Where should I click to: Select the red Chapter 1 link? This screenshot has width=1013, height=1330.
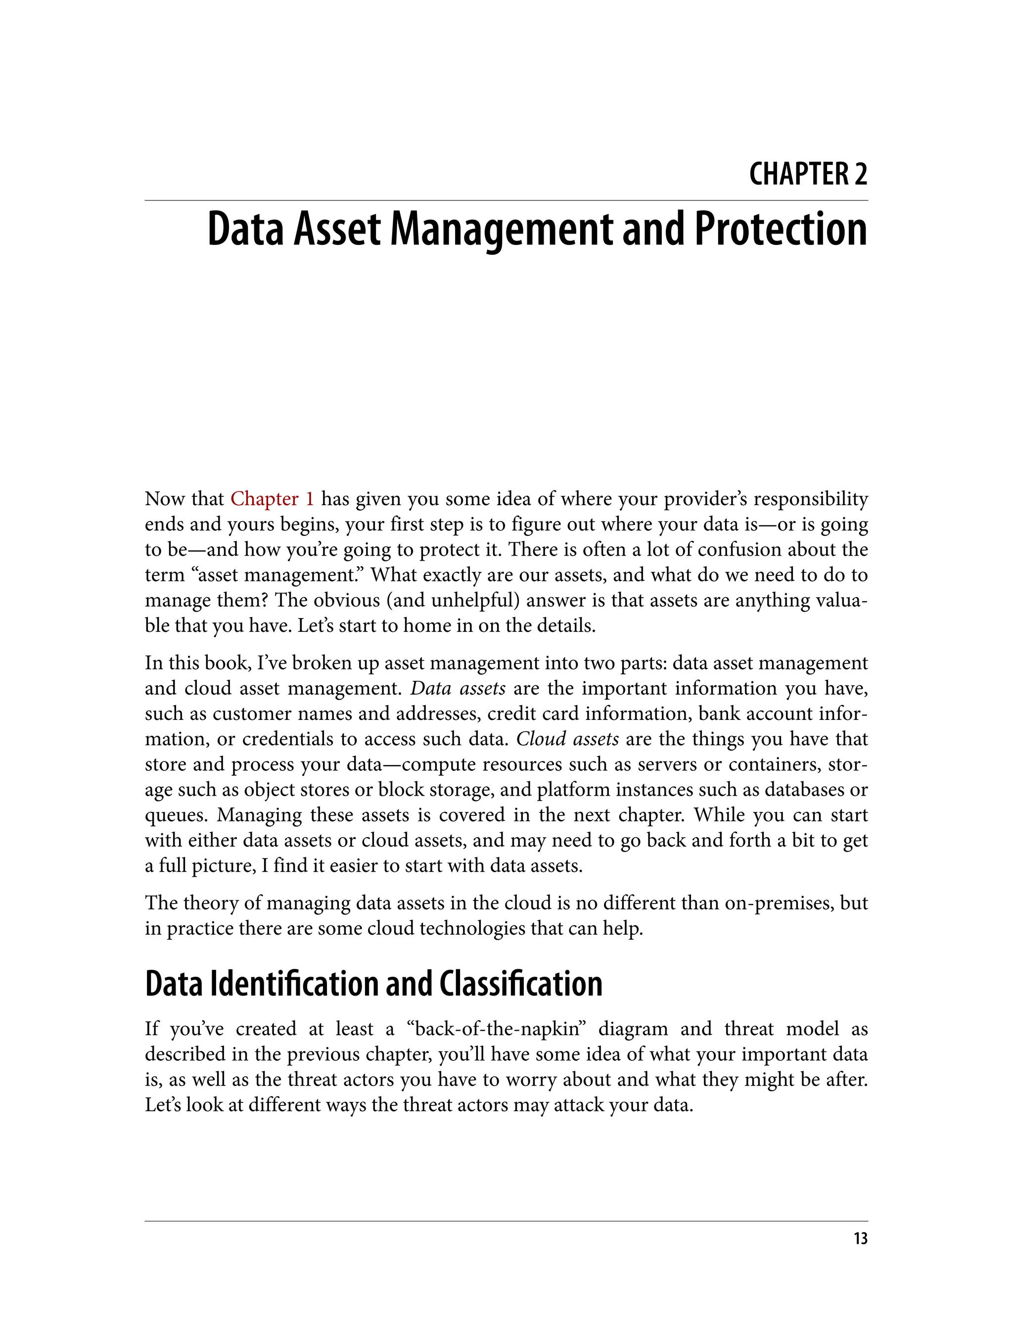(272, 499)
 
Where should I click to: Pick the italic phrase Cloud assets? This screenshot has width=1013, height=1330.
(567, 739)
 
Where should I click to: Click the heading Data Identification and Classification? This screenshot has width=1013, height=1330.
(373, 984)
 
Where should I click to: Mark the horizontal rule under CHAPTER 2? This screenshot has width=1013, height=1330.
(506, 200)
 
